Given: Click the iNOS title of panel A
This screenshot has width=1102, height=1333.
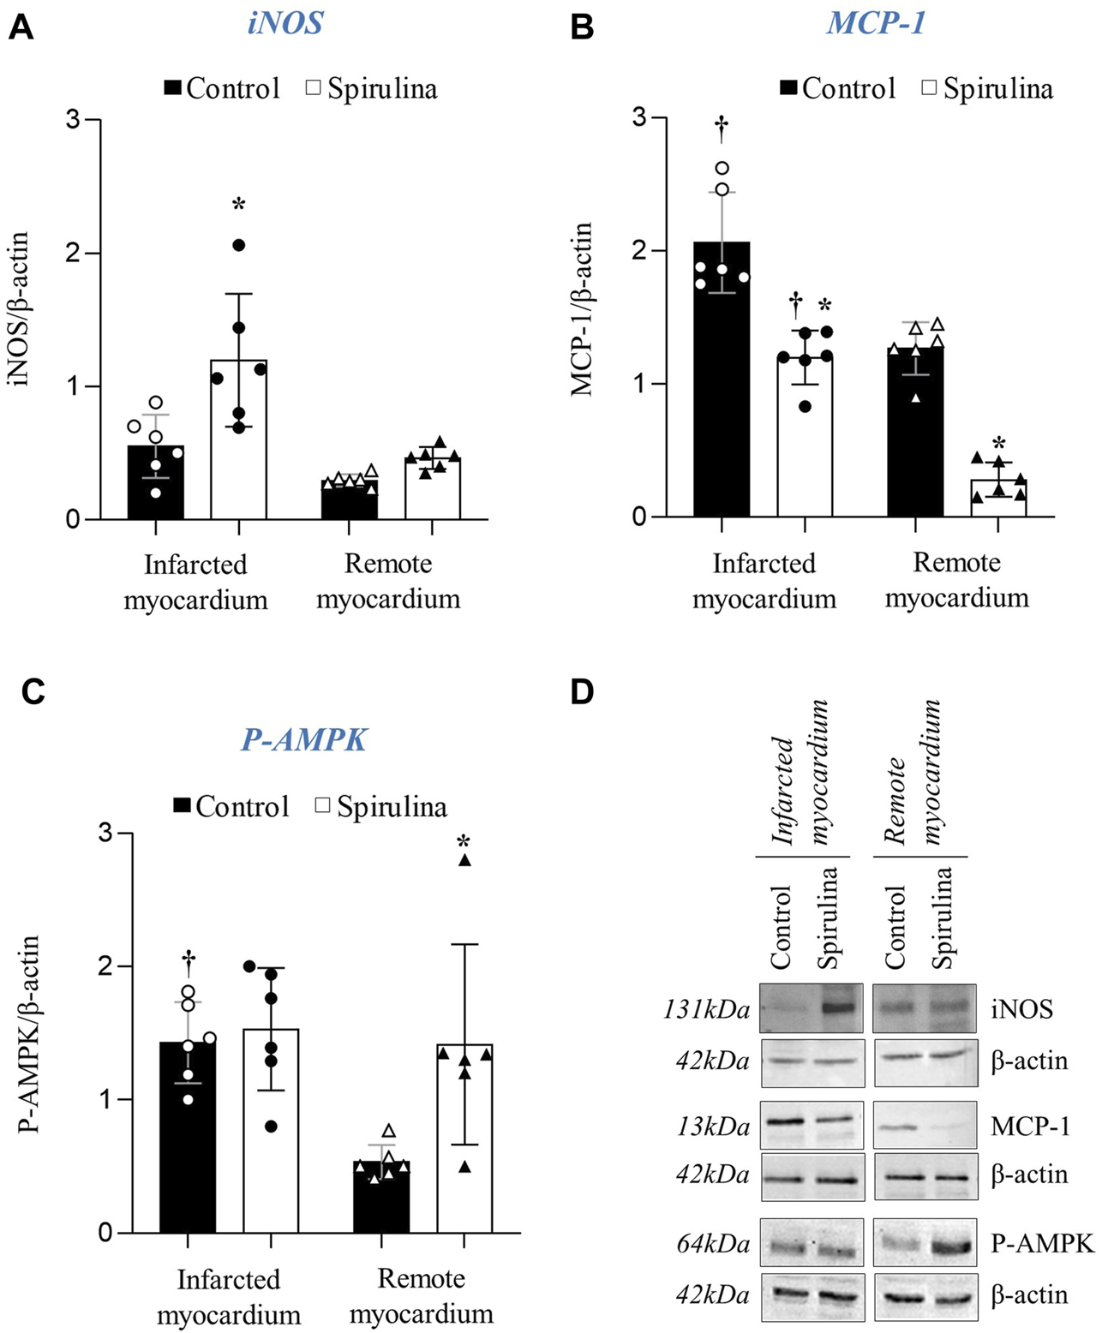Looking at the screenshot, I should tap(285, 22).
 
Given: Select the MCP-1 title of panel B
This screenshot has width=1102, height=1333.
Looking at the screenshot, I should tap(876, 22).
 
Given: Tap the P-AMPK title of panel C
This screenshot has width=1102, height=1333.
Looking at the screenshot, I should tap(303, 738).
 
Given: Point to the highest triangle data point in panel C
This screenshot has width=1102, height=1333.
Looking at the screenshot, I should tap(464, 861).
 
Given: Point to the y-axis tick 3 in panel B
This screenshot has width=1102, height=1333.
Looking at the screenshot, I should tap(639, 118).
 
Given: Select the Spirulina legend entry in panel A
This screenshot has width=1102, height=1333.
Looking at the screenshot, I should tap(372, 88).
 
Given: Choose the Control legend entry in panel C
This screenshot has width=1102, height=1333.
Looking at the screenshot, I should tap(231, 806).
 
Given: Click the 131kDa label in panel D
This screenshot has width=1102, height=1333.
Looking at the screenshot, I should tap(706, 1010).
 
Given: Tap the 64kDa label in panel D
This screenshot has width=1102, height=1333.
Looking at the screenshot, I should tap(713, 1244).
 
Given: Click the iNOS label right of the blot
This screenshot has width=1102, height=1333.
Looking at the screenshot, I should tap(1021, 1009).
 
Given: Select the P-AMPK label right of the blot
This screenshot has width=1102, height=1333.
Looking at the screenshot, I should tap(1042, 1243).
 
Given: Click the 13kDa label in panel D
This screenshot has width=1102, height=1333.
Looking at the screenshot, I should tap(713, 1127).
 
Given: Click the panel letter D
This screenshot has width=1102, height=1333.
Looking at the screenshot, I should tap(582, 692).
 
